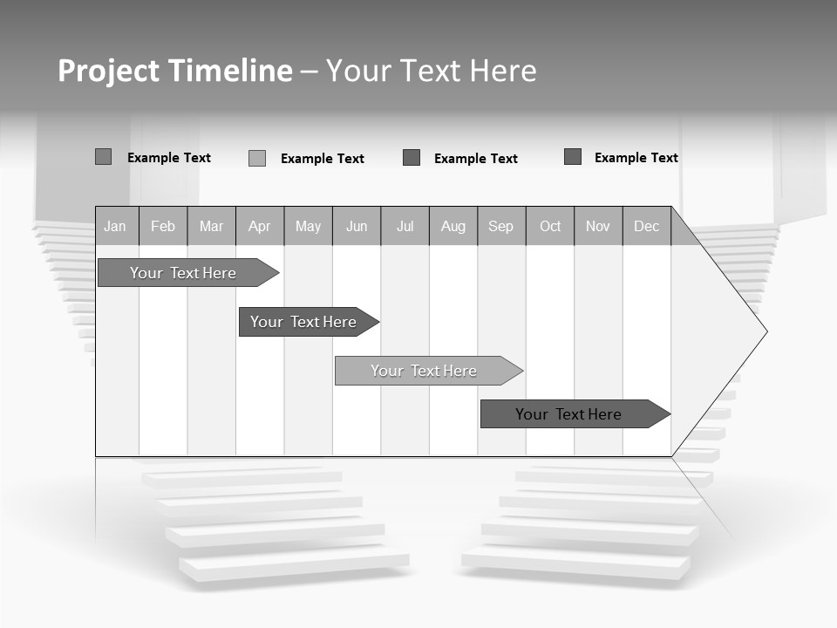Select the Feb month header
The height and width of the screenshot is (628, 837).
pos(163,226)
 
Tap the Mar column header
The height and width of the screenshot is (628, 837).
pos(211,226)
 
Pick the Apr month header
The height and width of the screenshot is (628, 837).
pos(260,226)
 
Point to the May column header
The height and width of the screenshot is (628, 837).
pos(308,226)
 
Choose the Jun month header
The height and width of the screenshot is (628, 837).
pos(357,226)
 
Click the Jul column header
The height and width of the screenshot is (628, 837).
pos(405,226)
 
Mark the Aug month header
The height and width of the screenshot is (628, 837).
pos(453,226)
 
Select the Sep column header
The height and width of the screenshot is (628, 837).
pos(501,226)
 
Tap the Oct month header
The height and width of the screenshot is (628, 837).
pos(550,226)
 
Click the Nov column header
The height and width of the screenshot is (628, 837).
pos(598,226)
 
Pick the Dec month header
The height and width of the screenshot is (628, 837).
pos(647,226)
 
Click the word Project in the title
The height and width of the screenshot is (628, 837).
pos(107,71)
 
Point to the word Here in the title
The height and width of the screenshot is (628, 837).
pos(503,71)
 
